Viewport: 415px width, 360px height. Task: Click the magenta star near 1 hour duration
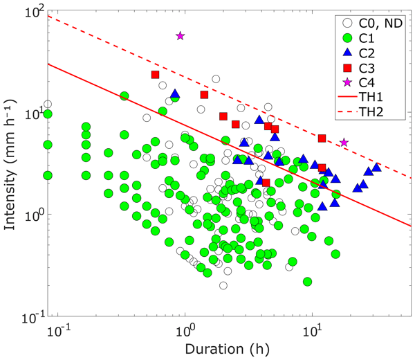click(181, 35)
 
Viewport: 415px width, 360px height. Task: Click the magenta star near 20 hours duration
click(344, 142)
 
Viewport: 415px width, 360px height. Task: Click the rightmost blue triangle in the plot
click(376, 168)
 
